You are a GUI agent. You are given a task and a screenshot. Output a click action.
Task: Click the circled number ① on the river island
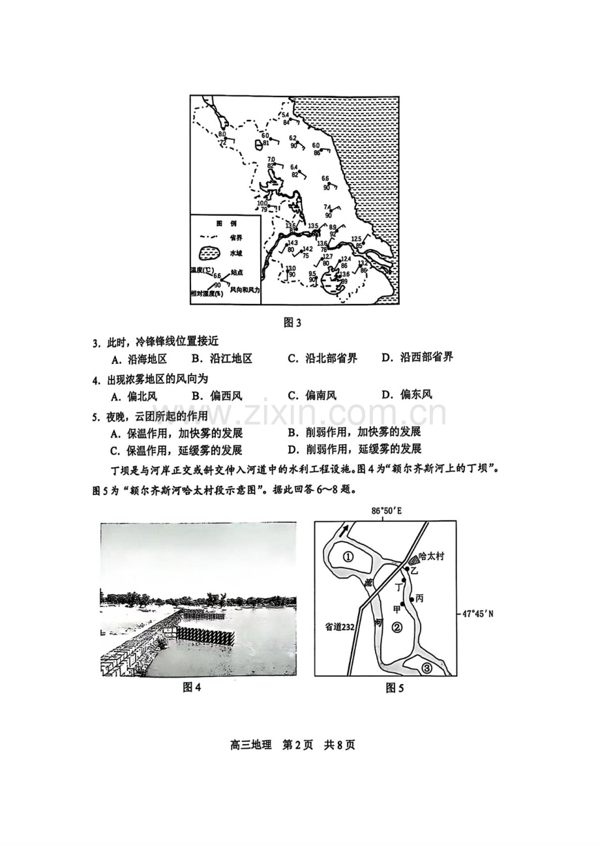348,557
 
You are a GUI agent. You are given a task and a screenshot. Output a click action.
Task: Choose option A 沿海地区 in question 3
140,358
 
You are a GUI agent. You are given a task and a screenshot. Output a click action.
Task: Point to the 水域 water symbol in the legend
208,252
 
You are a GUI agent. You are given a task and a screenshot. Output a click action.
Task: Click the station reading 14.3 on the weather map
292,243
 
